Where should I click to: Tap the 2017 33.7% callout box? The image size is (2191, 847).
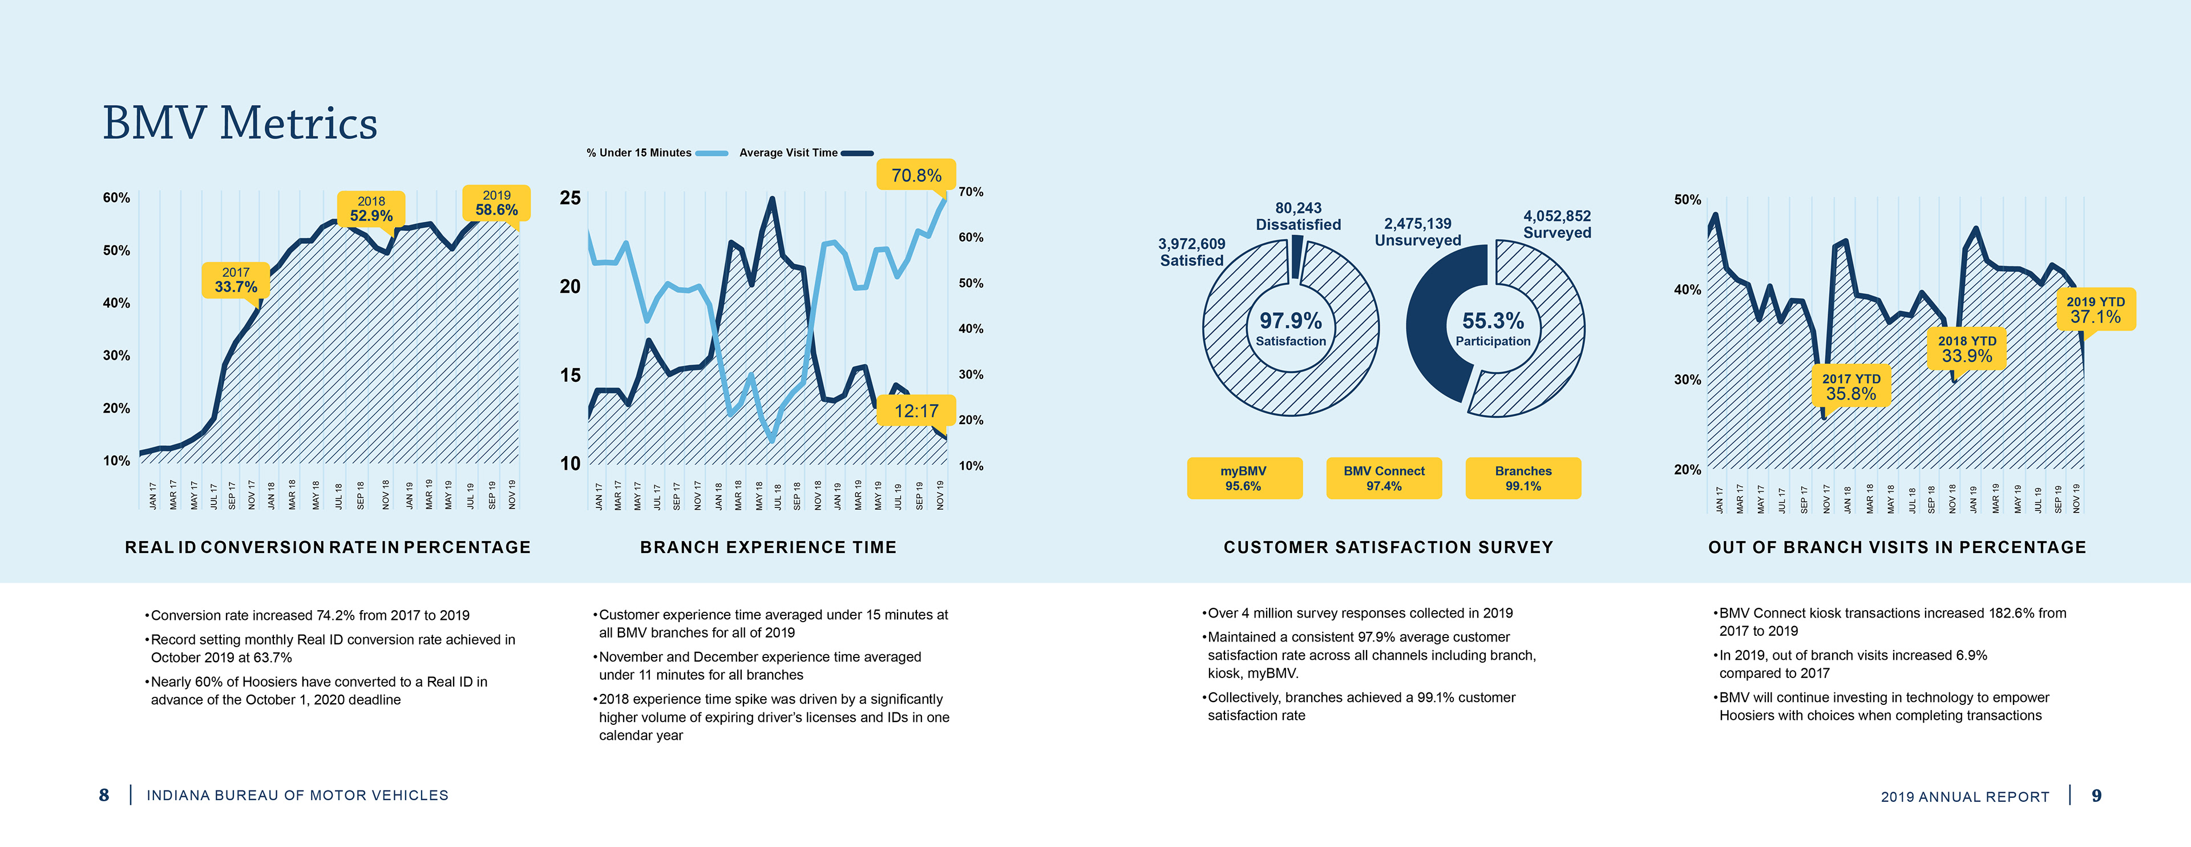(236, 280)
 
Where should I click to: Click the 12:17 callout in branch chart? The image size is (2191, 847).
(916, 412)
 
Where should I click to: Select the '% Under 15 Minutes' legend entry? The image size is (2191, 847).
(656, 153)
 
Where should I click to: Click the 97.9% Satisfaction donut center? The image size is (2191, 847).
(1290, 328)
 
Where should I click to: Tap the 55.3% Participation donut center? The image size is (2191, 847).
(1493, 328)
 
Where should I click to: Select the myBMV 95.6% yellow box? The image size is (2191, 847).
(1243, 478)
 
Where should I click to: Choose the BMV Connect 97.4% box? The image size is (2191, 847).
(1384, 478)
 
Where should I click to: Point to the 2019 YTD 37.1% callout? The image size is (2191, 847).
(2095, 309)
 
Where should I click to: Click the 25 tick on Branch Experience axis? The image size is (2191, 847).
(570, 198)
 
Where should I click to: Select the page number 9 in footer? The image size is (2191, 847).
(2097, 796)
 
